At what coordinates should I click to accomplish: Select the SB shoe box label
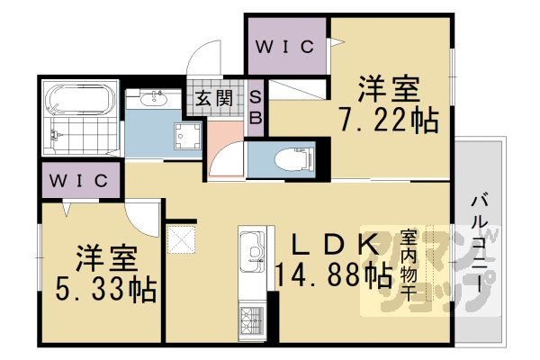256,107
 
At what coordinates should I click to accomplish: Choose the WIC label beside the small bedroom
78,180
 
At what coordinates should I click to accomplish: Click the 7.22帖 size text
388,118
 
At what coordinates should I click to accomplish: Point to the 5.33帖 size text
104,290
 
